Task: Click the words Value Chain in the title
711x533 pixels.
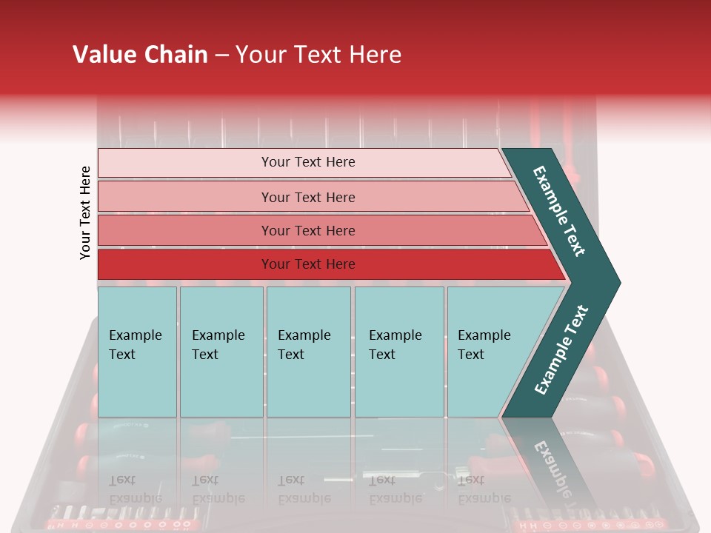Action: tap(140, 55)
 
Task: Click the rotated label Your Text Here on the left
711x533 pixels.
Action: tap(85, 212)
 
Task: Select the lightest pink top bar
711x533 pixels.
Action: tap(185, 163)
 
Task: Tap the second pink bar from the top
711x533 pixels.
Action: tap(185, 197)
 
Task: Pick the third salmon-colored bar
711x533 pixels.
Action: tap(185, 231)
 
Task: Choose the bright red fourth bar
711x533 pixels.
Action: tap(185, 264)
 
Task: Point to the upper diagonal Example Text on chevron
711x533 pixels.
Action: tap(559, 211)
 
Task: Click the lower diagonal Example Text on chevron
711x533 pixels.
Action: tap(561, 349)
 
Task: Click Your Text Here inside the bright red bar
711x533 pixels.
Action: tap(308, 264)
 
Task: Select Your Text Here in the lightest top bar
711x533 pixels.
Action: tap(308, 162)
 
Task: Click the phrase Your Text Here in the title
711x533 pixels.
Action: tap(318, 55)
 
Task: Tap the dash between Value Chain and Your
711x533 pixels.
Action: tap(221, 56)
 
